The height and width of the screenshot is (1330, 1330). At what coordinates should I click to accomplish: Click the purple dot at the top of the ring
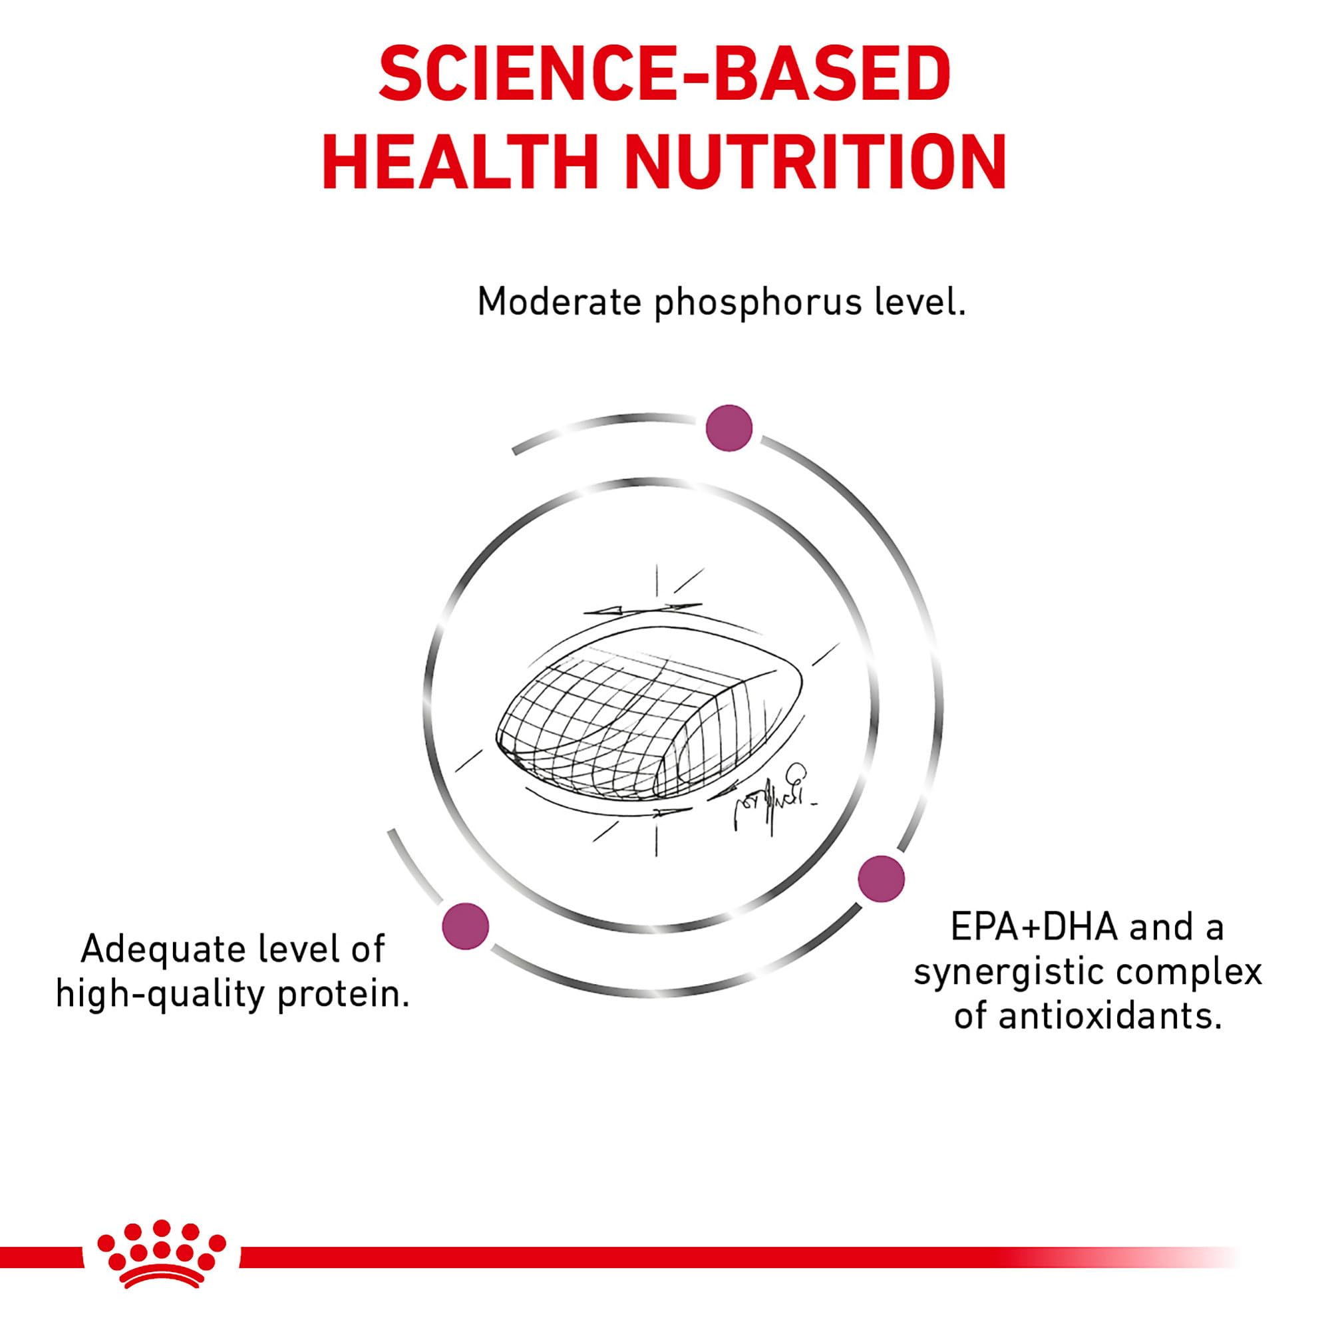pos(729,428)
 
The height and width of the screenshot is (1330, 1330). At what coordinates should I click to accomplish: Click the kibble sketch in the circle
pos(650,719)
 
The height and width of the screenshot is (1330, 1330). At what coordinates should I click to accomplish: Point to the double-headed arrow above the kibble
pos(642,609)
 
